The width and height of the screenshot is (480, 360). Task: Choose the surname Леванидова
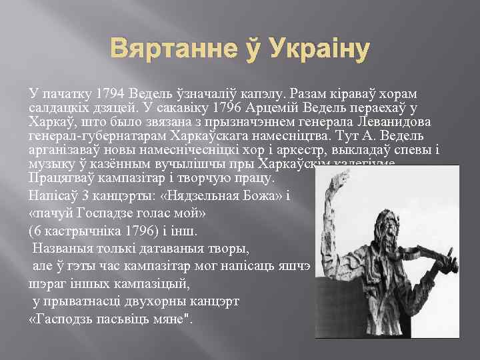point(397,121)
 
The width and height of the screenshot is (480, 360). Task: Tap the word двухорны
point(161,301)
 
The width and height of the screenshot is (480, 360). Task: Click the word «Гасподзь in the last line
point(61,319)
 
